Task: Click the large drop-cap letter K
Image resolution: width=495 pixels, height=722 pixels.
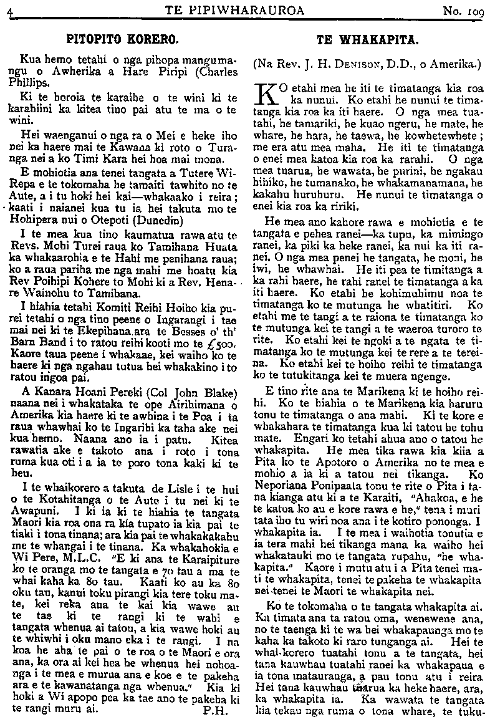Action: coord(267,95)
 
